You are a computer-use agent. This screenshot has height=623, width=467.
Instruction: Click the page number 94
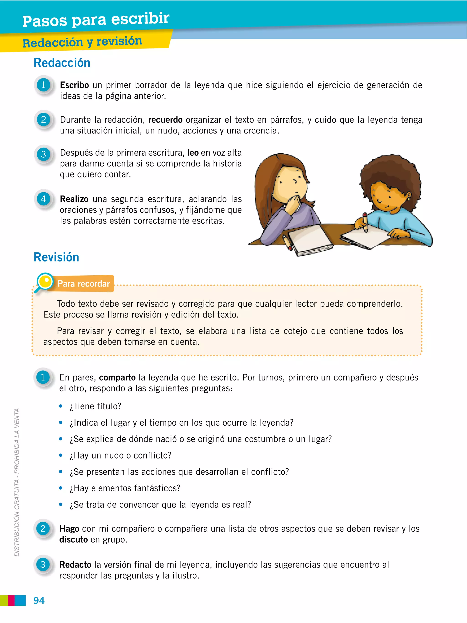pos(39,600)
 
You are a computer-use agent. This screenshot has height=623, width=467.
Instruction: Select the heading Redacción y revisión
pos(82,42)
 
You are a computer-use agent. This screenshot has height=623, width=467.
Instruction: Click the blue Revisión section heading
pos(56,257)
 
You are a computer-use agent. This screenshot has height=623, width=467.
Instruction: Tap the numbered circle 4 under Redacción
pos(44,199)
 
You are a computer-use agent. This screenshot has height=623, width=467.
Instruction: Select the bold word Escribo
pos(74,85)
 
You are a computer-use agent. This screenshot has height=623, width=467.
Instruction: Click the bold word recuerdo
pos(166,120)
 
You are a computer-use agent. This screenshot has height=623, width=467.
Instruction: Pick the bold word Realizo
pos(74,199)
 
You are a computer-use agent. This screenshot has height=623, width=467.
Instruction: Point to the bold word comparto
pos(117,377)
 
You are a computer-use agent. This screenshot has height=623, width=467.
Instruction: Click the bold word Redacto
pos(75,565)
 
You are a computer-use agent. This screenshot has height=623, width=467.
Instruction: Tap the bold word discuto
pos(73,540)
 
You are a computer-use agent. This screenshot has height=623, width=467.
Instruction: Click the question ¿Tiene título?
pos(95,406)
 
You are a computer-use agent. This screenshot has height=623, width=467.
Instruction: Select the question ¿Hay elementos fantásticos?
pos(125,488)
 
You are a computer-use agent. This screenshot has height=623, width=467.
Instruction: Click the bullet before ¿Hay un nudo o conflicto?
pos(60,455)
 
